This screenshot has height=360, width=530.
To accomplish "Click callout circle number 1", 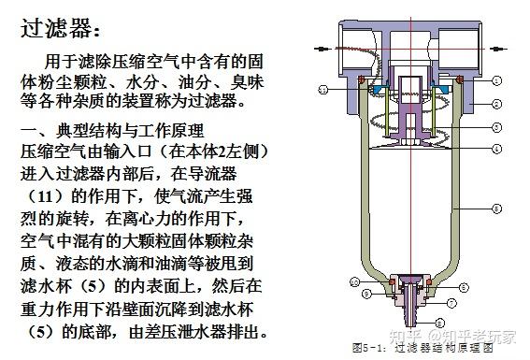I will coord(497,80).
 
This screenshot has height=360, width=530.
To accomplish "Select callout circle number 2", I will coord(497,103).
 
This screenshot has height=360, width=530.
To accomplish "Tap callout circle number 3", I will coord(497,127).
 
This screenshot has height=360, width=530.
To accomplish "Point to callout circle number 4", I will coord(497,149).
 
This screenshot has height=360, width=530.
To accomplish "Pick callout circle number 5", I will coord(497,208).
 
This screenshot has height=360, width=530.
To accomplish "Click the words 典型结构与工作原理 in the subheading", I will coord(131,129).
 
